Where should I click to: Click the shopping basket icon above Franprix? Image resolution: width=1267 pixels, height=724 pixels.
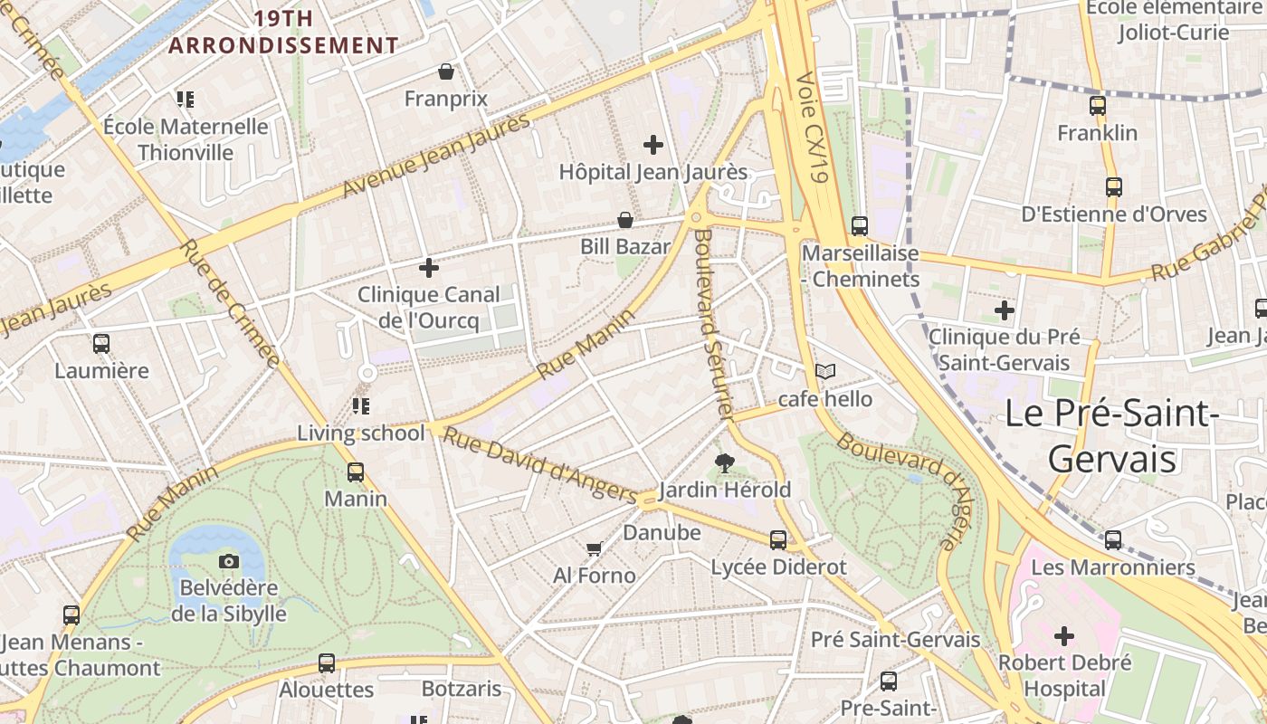pos(445,71)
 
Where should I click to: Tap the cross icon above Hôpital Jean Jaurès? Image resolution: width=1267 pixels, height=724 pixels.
pos(653,144)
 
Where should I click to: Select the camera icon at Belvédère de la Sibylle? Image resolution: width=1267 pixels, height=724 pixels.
pos(229,561)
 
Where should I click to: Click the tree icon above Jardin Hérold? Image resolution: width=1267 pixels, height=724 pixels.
pos(724,463)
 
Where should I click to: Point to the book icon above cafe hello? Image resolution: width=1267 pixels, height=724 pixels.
pos(825,371)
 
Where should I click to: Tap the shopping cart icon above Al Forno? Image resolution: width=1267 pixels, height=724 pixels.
pos(594,548)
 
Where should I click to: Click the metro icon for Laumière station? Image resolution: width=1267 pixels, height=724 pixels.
pos(101,344)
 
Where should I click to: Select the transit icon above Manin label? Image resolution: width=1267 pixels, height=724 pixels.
pos(356,472)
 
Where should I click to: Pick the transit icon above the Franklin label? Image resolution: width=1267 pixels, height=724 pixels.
pos(1098,106)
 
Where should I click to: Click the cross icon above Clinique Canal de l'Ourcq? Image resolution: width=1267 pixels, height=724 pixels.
pos(429,268)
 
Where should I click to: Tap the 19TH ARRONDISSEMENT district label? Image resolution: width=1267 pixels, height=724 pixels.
pos(283,32)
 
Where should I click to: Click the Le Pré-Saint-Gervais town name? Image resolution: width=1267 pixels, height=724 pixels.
pos(1112,435)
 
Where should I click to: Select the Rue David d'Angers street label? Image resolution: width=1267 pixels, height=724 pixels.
pos(541,466)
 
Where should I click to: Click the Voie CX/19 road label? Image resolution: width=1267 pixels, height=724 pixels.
pos(812,128)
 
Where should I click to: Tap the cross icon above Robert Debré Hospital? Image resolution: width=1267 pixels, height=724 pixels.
pos(1064,636)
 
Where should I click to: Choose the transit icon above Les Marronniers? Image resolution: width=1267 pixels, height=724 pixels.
pos(1113,540)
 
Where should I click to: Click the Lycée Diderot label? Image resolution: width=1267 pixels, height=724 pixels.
pos(778,567)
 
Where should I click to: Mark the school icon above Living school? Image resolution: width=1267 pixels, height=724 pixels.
pos(361,406)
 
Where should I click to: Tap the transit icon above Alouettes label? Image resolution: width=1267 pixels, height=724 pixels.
pos(327,663)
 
